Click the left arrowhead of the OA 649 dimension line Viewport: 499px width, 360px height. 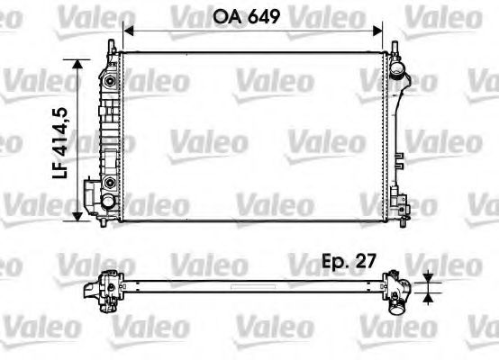(x=127, y=30)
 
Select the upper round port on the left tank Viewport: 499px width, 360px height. (x=110, y=82)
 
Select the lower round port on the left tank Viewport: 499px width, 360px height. (x=110, y=183)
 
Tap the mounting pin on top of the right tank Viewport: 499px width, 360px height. (x=395, y=45)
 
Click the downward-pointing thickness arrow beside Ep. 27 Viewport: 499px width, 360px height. (x=429, y=277)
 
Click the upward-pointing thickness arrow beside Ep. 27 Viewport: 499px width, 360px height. (x=429, y=294)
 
